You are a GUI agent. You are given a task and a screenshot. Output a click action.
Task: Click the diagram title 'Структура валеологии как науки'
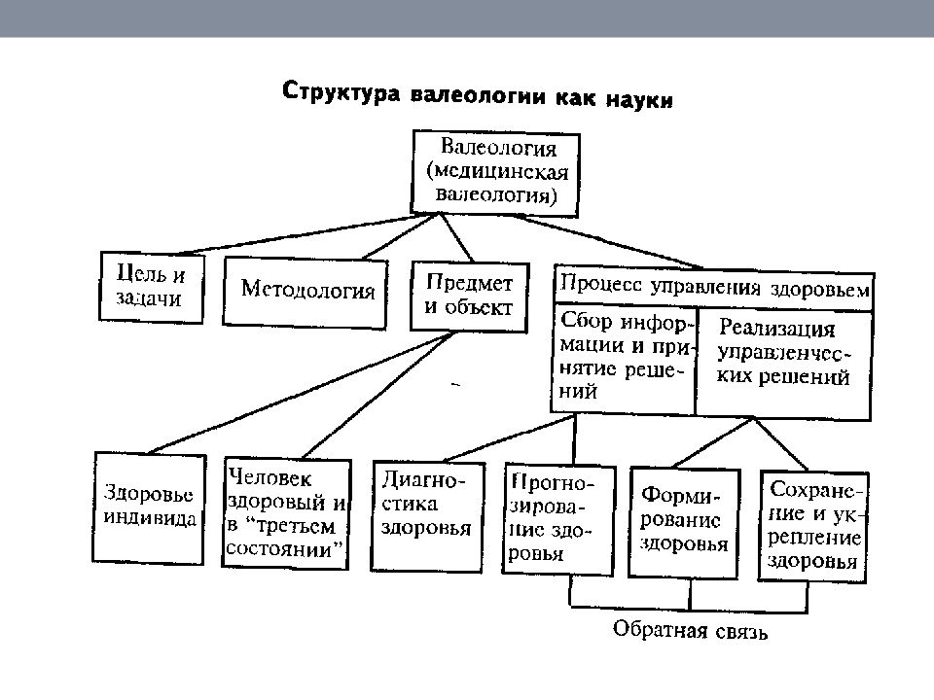coord(478,95)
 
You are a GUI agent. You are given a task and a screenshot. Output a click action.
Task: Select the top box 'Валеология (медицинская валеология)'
coord(495,173)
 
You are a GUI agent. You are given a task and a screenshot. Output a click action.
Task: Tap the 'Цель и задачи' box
coord(152,288)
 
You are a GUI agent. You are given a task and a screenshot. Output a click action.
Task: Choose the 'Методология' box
coord(305,293)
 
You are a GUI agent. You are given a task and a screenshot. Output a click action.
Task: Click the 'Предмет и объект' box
coord(469,297)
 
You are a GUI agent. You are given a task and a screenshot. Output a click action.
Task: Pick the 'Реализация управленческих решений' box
coord(783,363)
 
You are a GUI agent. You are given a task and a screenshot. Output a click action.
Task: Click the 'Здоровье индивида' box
coord(149,507)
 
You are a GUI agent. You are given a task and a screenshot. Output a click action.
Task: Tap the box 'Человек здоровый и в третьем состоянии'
coord(286,512)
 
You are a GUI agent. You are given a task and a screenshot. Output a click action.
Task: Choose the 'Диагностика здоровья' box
coord(427,516)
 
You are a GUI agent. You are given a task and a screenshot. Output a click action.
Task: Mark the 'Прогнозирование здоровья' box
coord(558,519)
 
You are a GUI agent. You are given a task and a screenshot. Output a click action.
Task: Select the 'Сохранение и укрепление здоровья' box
coord(813,527)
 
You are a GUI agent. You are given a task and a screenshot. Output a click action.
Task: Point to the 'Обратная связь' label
coord(690,630)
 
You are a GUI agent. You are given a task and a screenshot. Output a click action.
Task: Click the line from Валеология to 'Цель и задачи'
coord(304,234)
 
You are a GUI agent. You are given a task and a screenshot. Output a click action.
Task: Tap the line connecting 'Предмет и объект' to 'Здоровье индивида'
coord(299,394)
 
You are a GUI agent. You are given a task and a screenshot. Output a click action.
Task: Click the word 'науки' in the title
coord(640,99)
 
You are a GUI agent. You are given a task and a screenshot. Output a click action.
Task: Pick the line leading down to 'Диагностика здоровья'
coord(509,438)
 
